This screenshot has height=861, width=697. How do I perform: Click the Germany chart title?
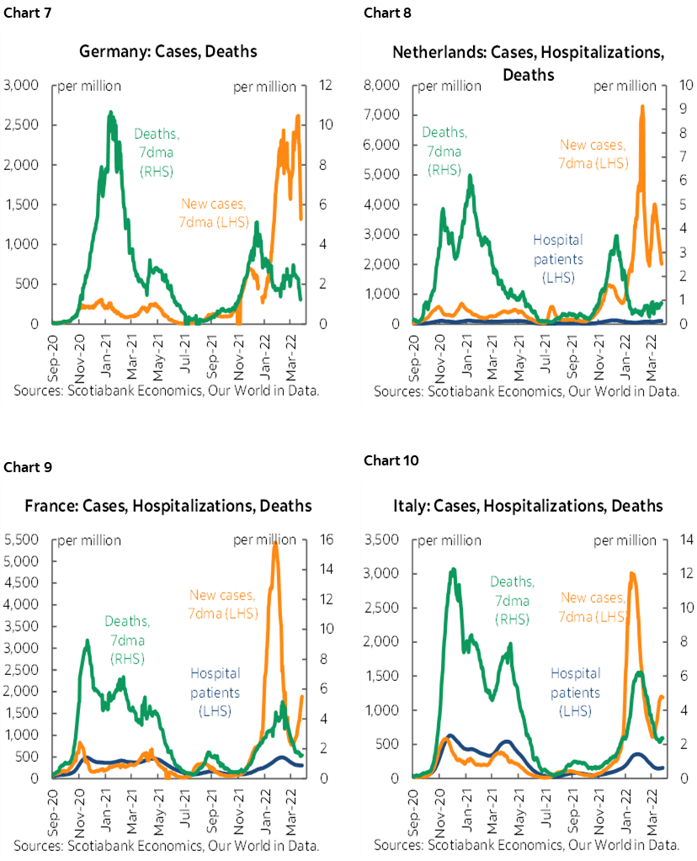[168, 51]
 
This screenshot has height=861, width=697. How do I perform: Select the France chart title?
[168, 506]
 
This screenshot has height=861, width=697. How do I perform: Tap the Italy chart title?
[528, 506]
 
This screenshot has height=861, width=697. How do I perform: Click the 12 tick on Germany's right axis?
[324, 86]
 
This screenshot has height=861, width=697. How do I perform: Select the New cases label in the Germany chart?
[212, 212]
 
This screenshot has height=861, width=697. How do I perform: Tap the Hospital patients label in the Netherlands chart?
[558, 258]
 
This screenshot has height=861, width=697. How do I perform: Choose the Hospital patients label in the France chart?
[215, 692]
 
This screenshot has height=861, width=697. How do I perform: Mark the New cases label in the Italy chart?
[593, 607]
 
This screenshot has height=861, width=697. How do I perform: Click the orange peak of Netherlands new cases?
[643, 107]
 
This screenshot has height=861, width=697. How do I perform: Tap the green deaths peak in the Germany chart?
[110, 113]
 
